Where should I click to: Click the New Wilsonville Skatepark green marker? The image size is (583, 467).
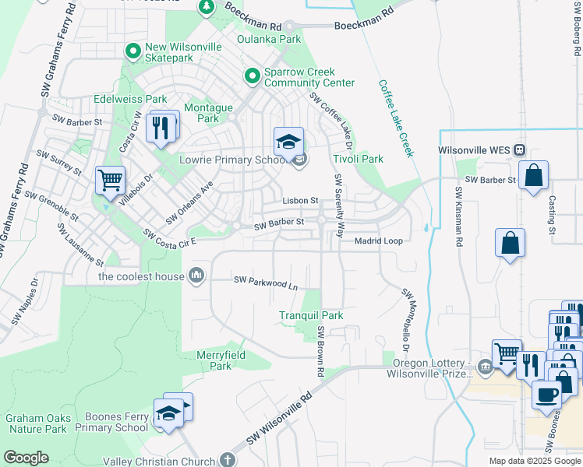(x=132, y=53)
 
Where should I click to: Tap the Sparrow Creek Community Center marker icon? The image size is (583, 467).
(x=252, y=76)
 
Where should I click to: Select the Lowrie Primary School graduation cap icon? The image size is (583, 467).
(x=288, y=141)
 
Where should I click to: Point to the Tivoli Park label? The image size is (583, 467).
(x=359, y=159)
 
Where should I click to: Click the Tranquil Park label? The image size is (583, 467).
(x=311, y=315)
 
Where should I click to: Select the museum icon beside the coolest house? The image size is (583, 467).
(x=196, y=276)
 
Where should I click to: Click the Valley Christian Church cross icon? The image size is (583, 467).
(x=227, y=461)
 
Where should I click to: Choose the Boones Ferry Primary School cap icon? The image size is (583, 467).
(x=168, y=413)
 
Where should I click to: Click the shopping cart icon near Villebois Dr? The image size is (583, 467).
(x=110, y=180)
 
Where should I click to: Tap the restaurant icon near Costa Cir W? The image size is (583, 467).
(x=161, y=127)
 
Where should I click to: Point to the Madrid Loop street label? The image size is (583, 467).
(x=379, y=241)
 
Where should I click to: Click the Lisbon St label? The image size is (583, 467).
(x=300, y=200)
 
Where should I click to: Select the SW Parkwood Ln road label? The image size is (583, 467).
(x=266, y=286)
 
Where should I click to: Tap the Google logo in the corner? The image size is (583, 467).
(x=26, y=458)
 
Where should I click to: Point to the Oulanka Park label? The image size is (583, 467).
(x=269, y=39)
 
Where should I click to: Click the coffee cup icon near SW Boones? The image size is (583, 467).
(x=546, y=394)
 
